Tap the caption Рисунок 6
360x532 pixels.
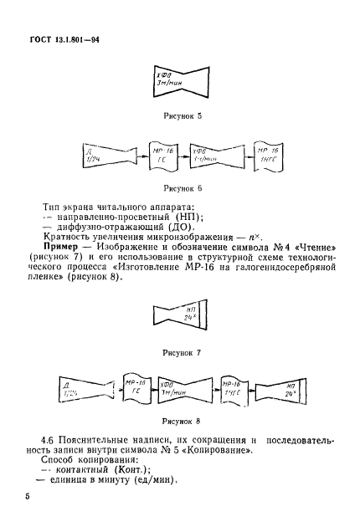(181, 191)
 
